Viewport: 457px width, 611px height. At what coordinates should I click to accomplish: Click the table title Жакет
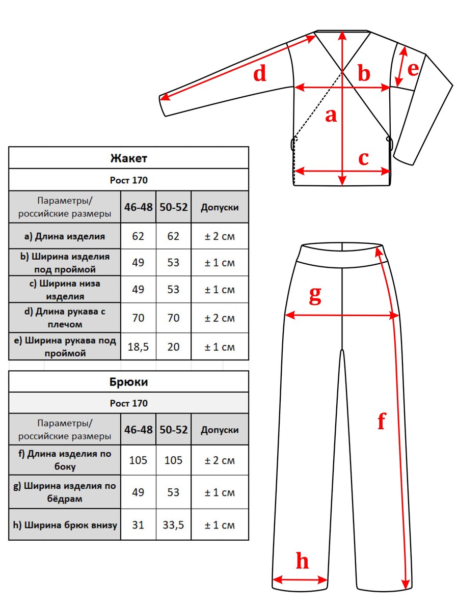(128, 158)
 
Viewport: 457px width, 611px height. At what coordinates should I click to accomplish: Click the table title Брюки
(128, 382)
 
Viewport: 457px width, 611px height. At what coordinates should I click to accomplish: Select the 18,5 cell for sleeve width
(138, 347)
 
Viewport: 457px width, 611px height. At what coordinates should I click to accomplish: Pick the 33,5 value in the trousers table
(173, 524)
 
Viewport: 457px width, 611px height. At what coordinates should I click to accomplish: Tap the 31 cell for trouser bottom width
(138, 524)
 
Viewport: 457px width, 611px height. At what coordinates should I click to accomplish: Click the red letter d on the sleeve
(260, 74)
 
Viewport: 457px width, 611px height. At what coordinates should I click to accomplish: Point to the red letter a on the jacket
(331, 115)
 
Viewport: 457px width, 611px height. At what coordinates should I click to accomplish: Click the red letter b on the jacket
(363, 74)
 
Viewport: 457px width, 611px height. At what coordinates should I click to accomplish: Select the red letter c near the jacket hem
(363, 158)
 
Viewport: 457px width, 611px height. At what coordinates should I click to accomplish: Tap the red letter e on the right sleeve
(413, 68)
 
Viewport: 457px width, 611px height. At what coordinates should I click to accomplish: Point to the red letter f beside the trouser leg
(381, 422)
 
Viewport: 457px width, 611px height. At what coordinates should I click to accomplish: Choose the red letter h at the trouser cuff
(302, 562)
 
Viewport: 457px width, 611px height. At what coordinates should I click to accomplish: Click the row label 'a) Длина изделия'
(65, 236)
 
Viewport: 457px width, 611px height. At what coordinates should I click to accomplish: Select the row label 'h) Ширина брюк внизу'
(65, 524)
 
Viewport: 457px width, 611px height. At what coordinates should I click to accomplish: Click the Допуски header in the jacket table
(220, 207)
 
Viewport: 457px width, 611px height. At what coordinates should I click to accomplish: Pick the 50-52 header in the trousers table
(173, 430)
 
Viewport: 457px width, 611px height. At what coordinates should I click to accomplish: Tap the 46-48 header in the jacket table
(138, 207)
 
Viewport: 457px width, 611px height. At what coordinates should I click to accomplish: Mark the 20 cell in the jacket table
(173, 347)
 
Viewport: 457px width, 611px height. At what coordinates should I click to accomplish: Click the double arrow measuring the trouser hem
(300, 579)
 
